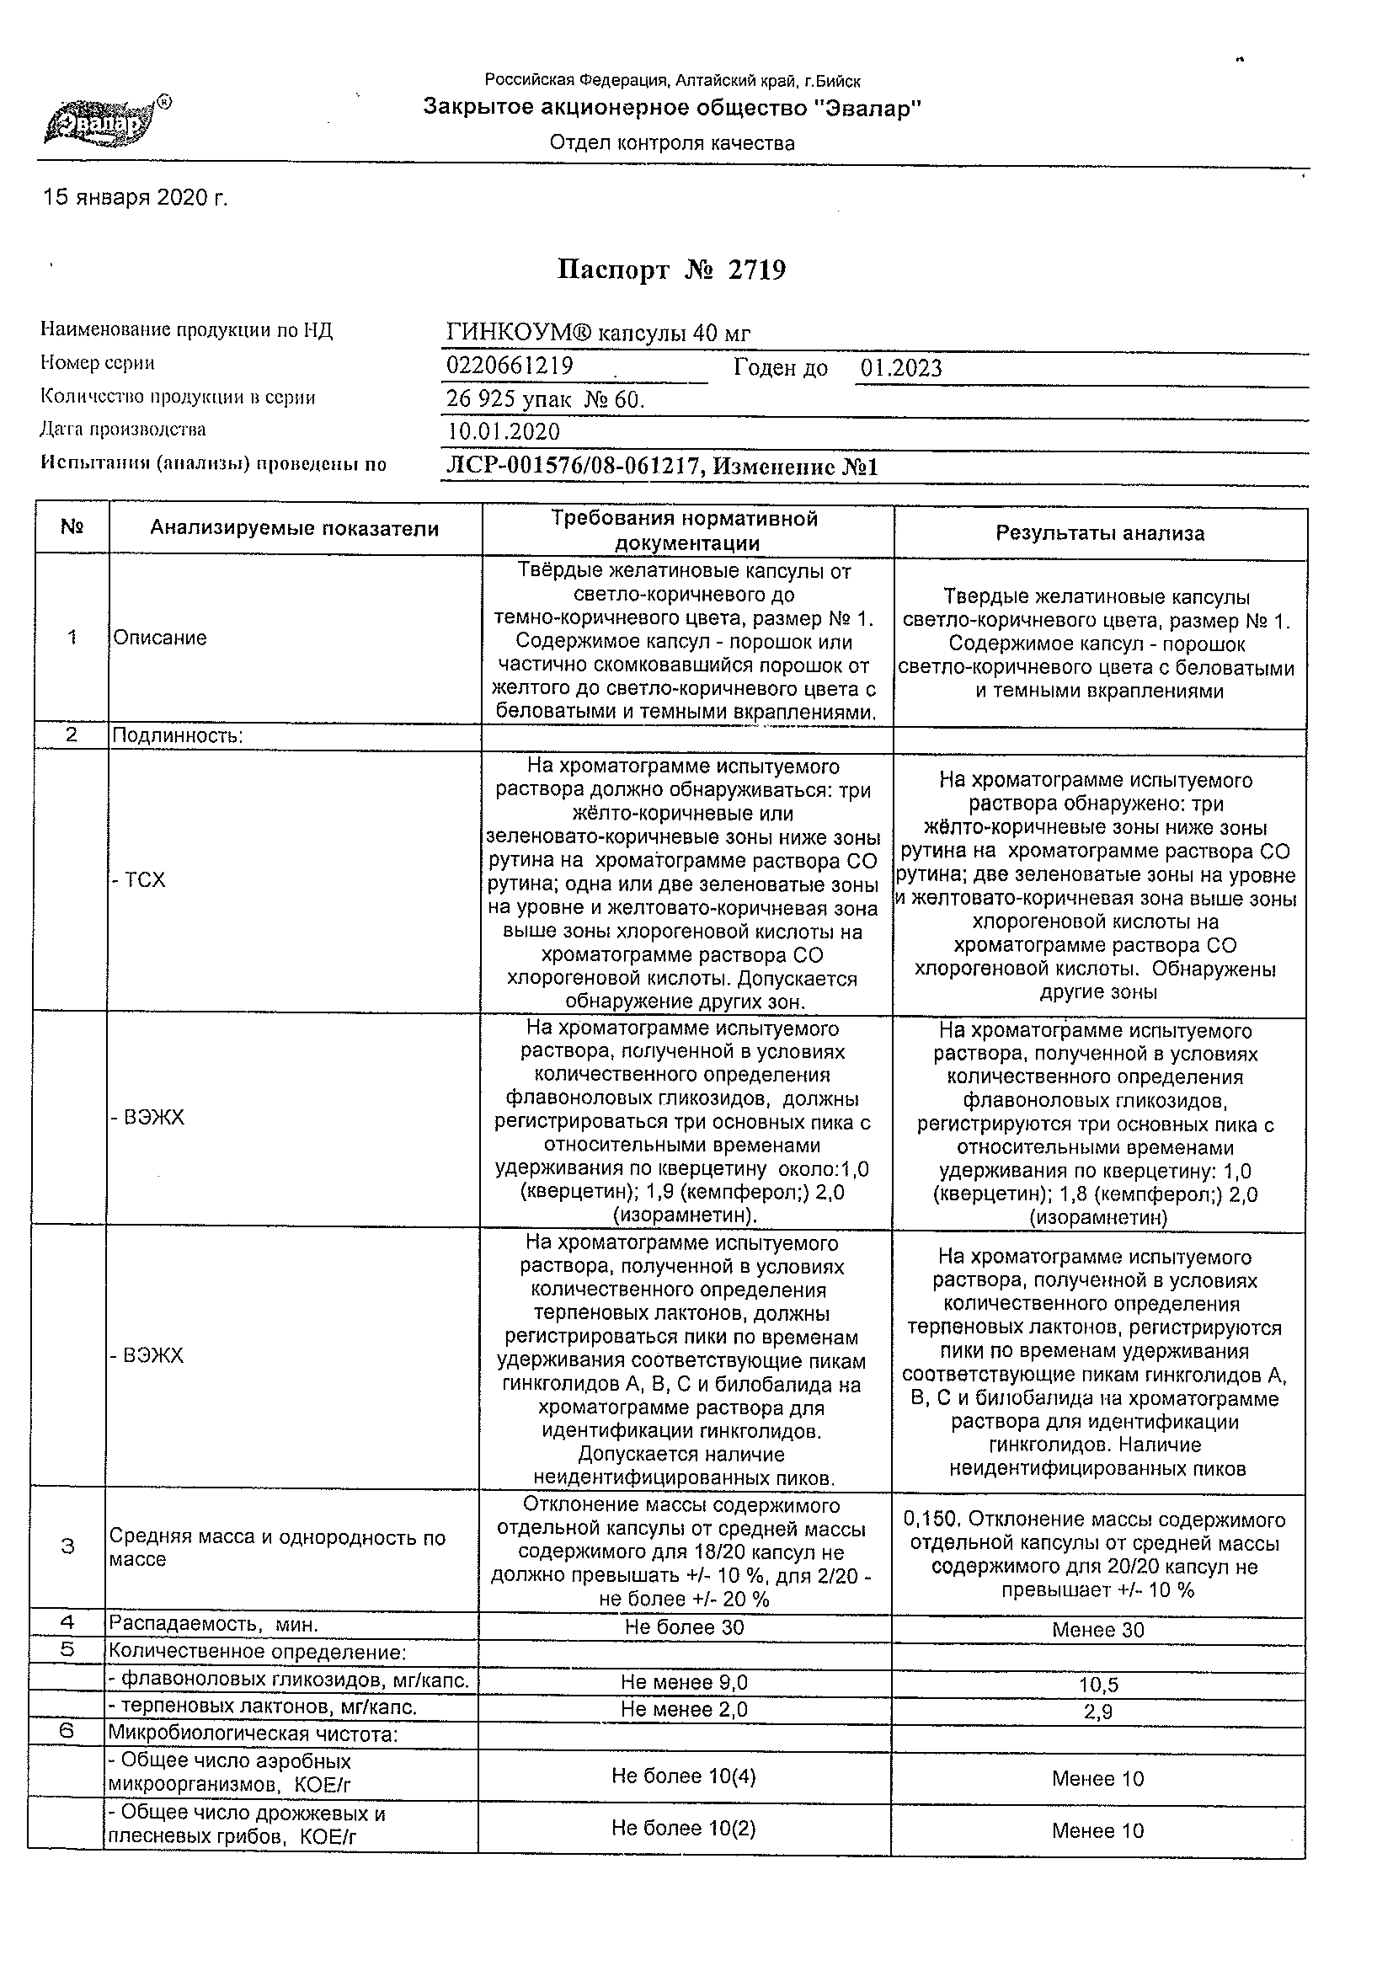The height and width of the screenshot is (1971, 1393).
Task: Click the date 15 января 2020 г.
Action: [136, 198]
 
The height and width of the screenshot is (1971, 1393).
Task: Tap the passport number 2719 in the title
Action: [756, 270]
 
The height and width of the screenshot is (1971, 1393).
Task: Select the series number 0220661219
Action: [510, 366]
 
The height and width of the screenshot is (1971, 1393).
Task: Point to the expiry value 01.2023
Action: [901, 368]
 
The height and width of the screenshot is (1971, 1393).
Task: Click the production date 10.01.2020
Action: [504, 431]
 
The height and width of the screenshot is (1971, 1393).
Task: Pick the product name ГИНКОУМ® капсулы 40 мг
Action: [598, 333]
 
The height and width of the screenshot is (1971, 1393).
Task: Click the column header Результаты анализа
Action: [1099, 533]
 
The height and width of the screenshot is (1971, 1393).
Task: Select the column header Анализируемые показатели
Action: [295, 529]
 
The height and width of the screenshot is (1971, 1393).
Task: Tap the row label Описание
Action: [161, 638]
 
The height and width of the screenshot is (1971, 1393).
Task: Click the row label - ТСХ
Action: [139, 880]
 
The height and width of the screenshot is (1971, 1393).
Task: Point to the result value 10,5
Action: [1098, 1685]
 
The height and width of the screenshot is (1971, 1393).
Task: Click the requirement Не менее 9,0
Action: [684, 1683]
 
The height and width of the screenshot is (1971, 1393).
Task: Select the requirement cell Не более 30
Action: [684, 1627]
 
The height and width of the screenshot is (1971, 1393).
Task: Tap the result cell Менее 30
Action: [1098, 1629]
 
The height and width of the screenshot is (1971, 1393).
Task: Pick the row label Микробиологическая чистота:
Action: [253, 1735]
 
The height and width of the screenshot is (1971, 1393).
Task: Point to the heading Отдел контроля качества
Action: [672, 143]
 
